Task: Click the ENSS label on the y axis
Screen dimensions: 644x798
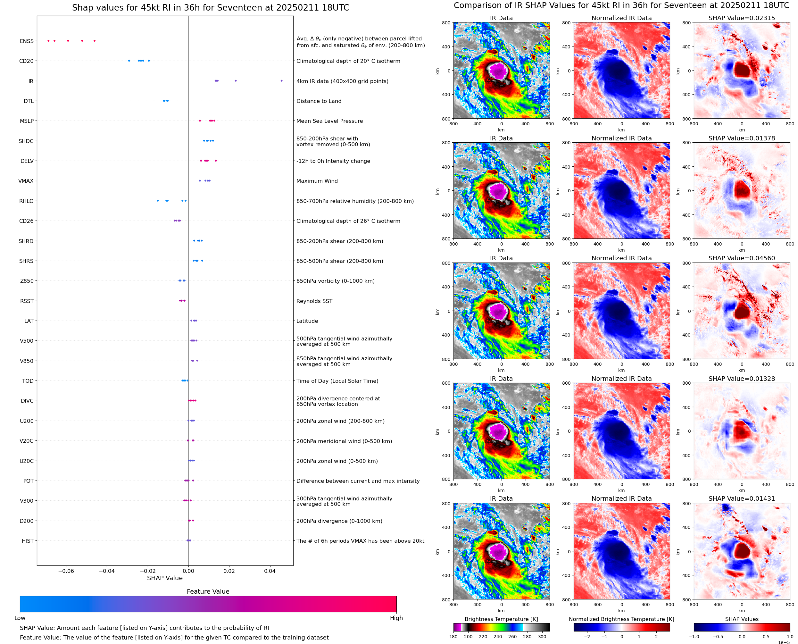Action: (x=27, y=41)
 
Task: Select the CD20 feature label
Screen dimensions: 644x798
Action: (x=26, y=61)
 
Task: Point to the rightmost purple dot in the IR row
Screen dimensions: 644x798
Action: (x=281, y=81)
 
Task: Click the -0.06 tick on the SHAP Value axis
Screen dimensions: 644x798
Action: (x=66, y=571)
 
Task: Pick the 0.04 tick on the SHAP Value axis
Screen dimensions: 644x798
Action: (x=270, y=571)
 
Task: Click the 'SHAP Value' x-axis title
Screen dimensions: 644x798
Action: (x=165, y=578)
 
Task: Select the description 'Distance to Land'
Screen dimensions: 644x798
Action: (x=319, y=101)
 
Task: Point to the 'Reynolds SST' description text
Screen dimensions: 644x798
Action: (x=314, y=301)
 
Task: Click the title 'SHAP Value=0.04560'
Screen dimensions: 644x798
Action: (x=742, y=258)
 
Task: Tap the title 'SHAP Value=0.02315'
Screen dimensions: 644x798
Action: (x=742, y=18)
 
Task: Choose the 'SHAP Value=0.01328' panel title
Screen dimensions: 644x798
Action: (x=742, y=379)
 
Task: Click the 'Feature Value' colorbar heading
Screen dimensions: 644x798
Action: (x=208, y=592)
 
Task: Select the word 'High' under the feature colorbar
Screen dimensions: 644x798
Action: (x=396, y=618)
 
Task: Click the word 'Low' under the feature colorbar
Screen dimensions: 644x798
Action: (x=20, y=618)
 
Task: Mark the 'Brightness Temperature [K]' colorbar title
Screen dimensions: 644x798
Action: (x=501, y=619)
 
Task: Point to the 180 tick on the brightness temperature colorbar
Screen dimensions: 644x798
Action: (x=453, y=637)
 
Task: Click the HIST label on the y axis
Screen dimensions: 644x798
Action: (x=28, y=541)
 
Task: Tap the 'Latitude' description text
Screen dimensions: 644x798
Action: (x=307, y=321)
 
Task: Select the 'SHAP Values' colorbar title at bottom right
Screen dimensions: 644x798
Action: (x=742, y=619)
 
